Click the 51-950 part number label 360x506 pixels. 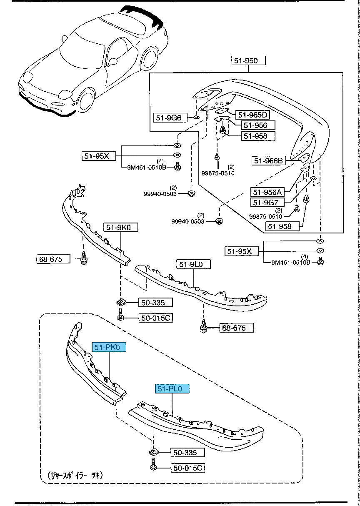(248, 61)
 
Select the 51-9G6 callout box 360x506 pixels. (169, 118)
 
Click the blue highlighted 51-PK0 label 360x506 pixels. (109, 347)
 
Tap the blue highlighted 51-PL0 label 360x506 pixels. (172, 389)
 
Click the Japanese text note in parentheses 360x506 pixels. (75, 475)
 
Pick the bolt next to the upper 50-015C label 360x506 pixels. (120, 315)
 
